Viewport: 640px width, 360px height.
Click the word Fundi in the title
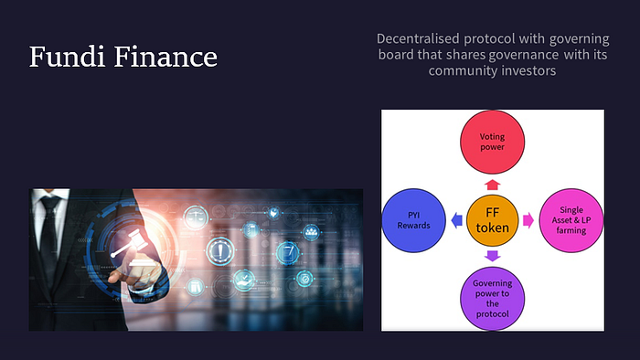[x=67, y=57]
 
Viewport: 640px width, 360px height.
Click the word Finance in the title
[x=165, y=57]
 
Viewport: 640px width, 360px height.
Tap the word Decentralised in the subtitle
[x=418, y=38]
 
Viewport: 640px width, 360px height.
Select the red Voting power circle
[x=492, y=142]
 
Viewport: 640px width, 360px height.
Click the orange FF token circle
[x=492, y=220]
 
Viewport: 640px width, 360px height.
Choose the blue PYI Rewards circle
[x=413, y=220]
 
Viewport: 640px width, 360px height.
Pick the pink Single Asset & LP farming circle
[x=571, y=220]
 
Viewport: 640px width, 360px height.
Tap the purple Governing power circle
[x=492, y=299]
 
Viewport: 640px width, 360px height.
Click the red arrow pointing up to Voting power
[x=492, y=185]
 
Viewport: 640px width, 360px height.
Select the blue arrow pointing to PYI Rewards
[x=457, y=220]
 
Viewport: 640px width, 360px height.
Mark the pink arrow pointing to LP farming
[x=528, y=220]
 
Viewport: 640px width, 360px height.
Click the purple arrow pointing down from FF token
[x=492, y=256]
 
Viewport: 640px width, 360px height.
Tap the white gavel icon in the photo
[x=130, y=243]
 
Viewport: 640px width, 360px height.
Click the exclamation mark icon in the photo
[x=220, y=251]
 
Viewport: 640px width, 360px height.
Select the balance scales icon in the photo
[x=196, y=217]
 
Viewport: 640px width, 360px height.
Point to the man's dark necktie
[x=50, y=237]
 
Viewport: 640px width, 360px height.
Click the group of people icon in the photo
[x=312, y=232]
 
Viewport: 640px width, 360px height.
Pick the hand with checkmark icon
[x=244, y=281]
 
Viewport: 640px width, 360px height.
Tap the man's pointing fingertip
[x=112, y=279]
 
